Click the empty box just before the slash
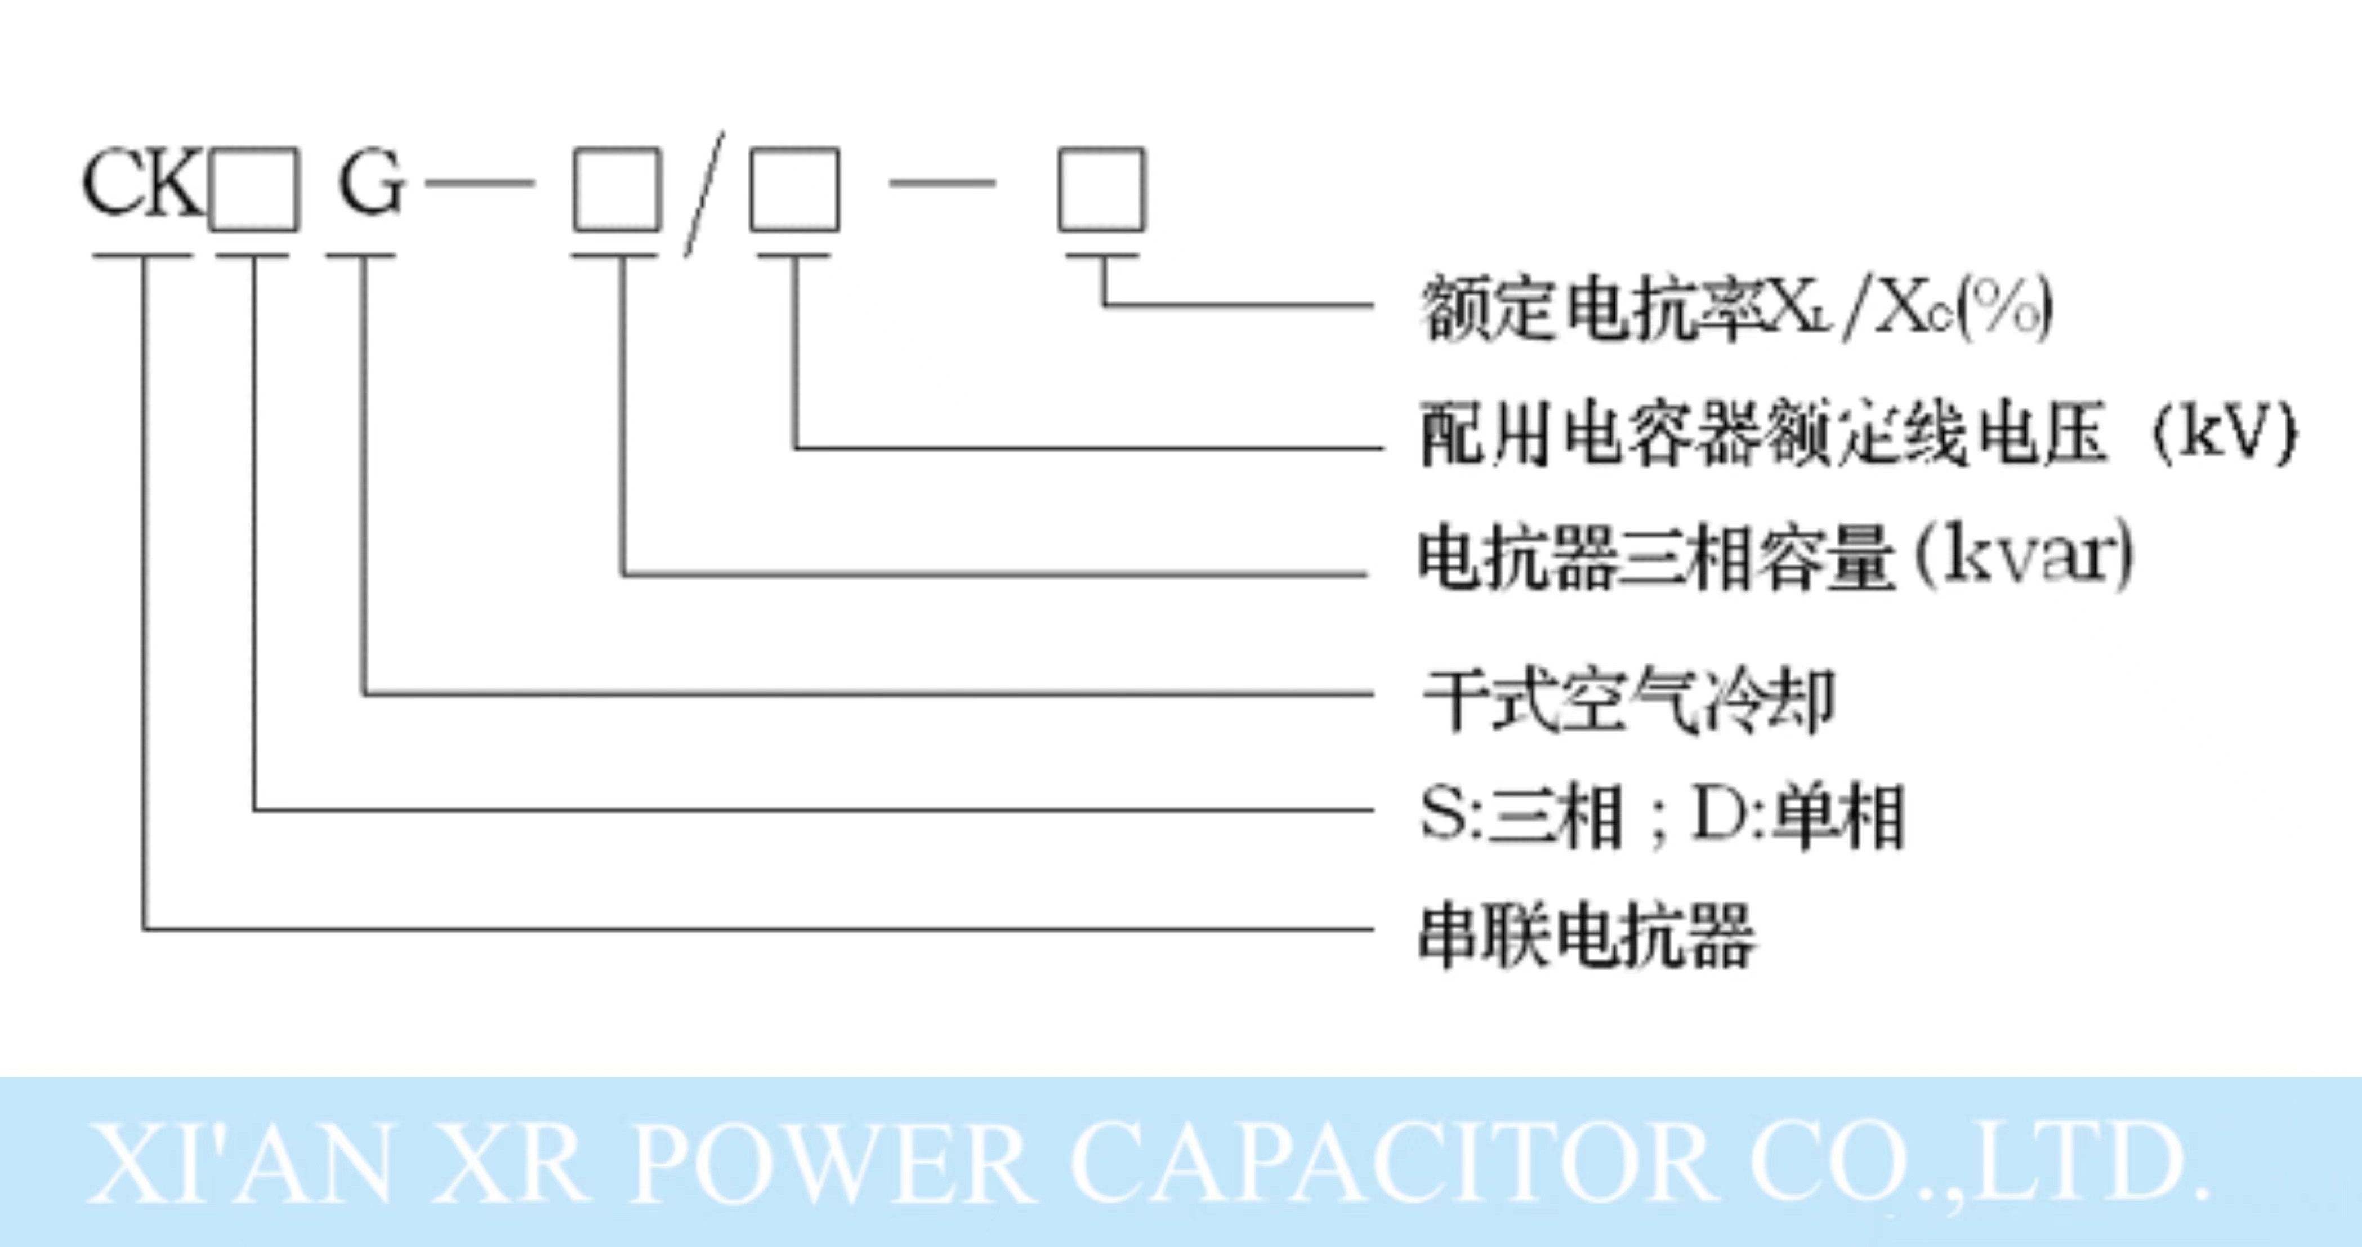point(617,190)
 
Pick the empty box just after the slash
point(794,190)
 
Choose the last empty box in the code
point(1101,190)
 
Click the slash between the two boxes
point(704,194)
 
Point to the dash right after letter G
point(480,184)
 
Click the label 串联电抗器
point(1586,935)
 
